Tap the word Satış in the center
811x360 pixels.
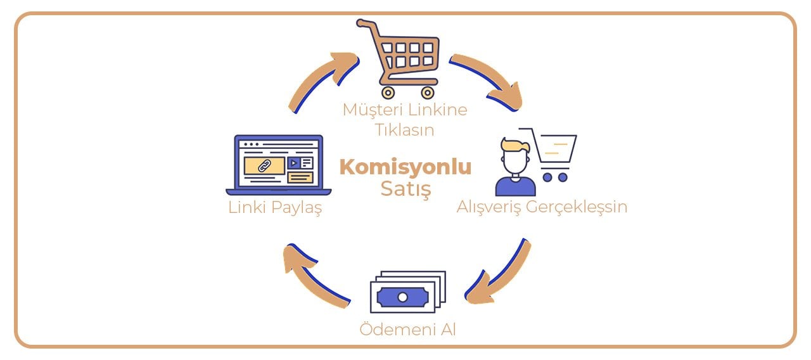[x=406, y=189]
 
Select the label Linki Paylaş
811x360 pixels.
[x=275, y=208]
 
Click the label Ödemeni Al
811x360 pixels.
[x=407, y=329]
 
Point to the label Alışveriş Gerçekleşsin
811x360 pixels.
[x=542, y=207]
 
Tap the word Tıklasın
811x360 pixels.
[x=404, y=130]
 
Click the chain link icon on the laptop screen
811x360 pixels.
[x=265, y=166]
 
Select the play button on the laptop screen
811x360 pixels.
[x=294, y=164]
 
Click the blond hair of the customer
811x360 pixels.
[x=515, y=145]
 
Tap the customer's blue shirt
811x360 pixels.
[x=515, y=186]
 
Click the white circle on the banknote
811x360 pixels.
[x=402, y=297]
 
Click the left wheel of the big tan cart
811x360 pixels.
[x=388, y=93]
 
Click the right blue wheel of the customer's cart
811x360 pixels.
[x=563, y=177]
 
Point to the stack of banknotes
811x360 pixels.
[x=408, y=292]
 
